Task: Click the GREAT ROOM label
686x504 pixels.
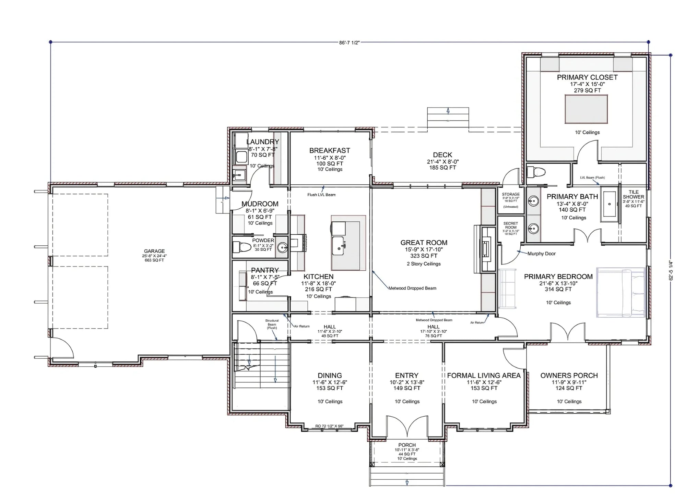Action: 424,243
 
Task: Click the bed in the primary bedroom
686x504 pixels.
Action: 621,292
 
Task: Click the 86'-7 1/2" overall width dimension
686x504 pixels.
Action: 349,43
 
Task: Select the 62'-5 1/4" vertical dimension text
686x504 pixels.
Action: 671,271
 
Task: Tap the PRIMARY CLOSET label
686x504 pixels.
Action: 587,77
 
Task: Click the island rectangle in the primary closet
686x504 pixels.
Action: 586,109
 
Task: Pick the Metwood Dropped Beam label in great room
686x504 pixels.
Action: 412,288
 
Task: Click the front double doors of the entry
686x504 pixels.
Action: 407,428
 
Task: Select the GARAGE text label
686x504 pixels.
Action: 154,251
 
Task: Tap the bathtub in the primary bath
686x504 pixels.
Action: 610,204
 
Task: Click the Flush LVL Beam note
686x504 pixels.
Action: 321,195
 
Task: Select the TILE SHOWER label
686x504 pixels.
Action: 633,195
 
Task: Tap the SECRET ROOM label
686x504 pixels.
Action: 510,225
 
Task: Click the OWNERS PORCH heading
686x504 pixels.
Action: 569,376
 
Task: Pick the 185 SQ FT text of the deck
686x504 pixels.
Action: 442,168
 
